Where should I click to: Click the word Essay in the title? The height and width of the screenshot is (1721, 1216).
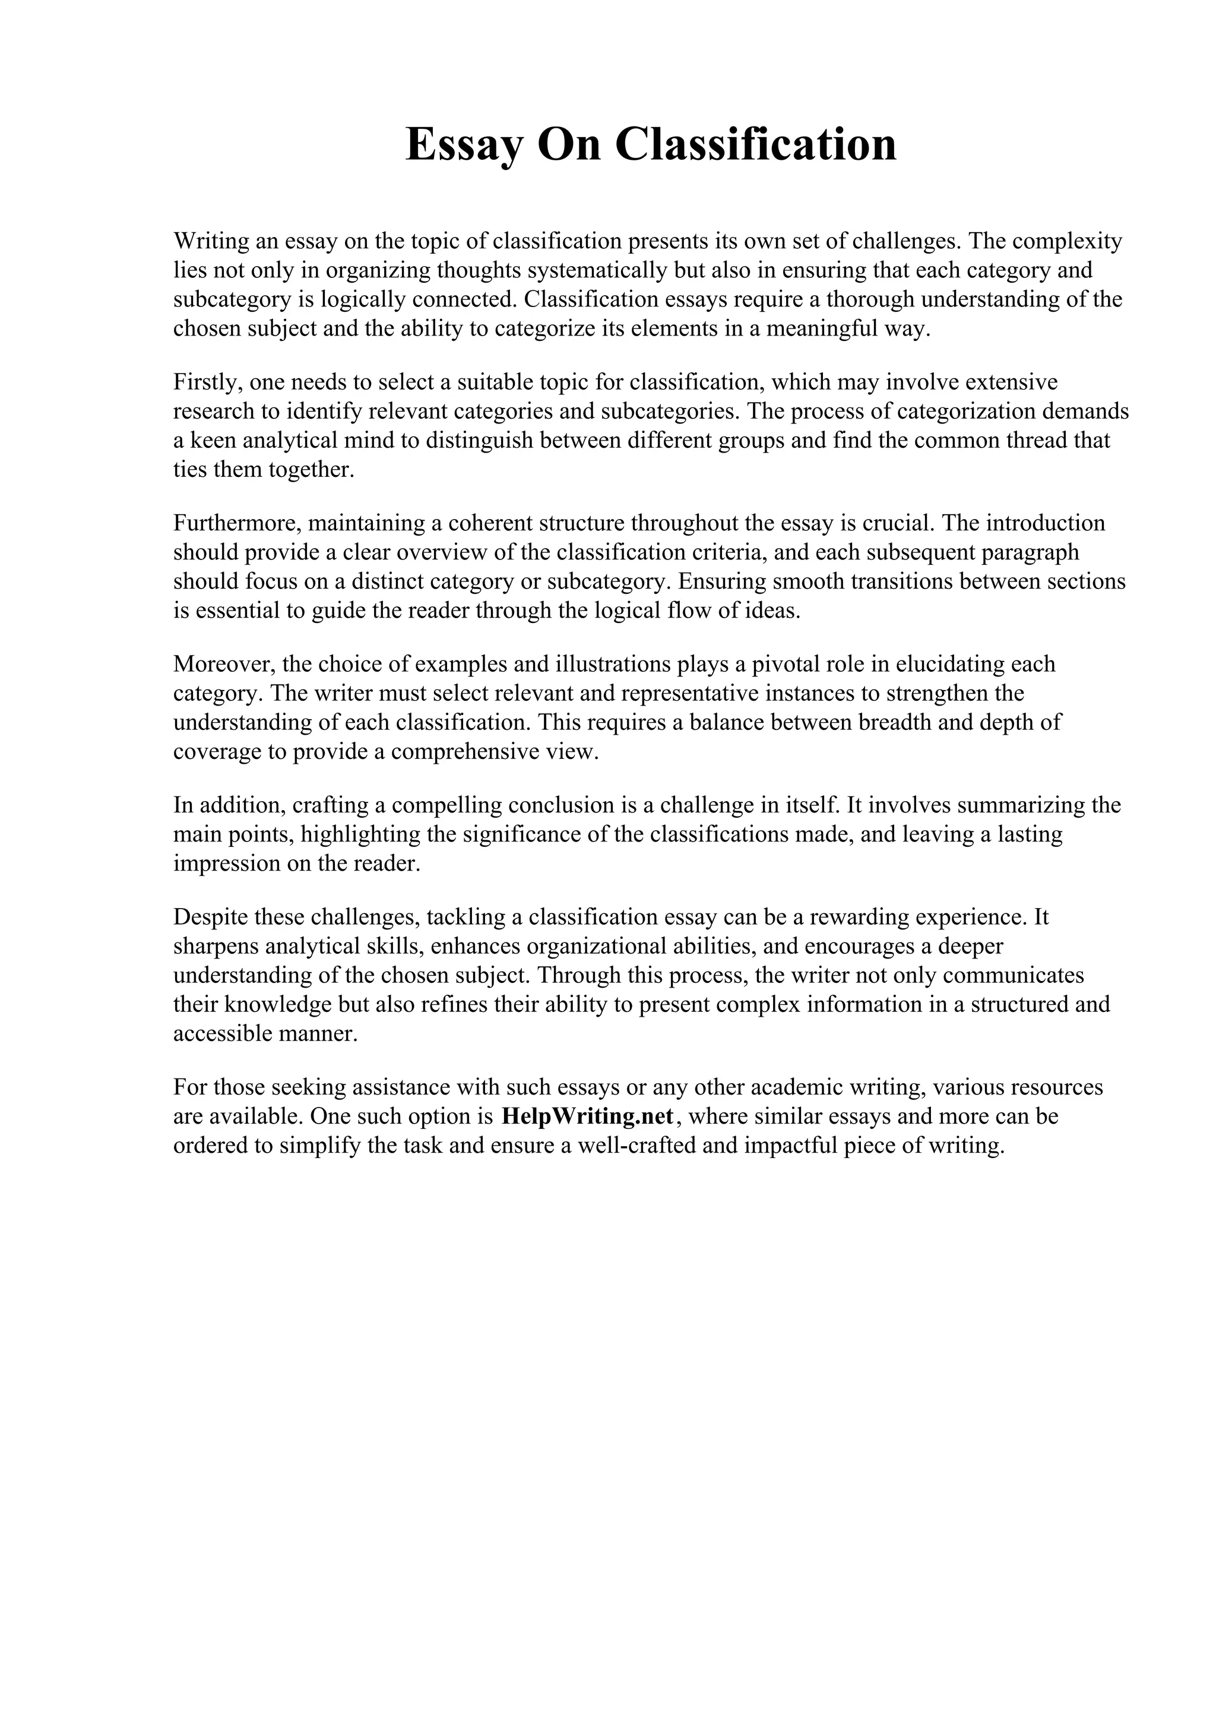point(464,145)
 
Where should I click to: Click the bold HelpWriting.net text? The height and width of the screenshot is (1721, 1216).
point(587,1117)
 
